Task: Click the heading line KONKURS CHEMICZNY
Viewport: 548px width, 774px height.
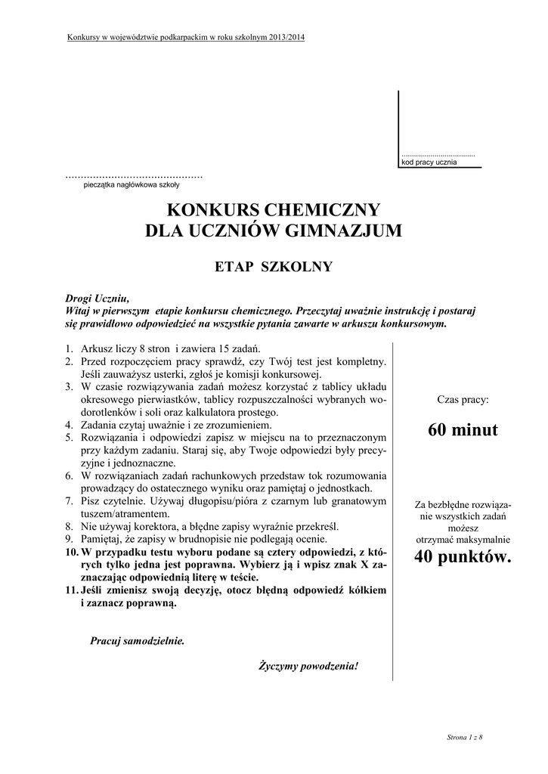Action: pyautogui.click(x=274, y=209)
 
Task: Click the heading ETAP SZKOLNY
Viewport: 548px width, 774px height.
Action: pyautogui.click(x=274, y=266)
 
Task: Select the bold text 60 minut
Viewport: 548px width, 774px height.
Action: pyautogui.click(x=463, y=430)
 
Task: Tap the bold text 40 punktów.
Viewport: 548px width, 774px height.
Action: pyautogui.click(x=463, y=558)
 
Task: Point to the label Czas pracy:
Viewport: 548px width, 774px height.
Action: pyautogui.click(x=463, y=398)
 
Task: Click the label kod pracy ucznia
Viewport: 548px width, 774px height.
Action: pyautogui.click(x=429, y=163)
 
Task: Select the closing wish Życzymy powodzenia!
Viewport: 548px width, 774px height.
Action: pyautogui.click(x=308, y=666)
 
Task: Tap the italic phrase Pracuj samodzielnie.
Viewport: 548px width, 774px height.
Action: pyautogui.click(x=137, y=641)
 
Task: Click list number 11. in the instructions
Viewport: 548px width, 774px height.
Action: pyautogui.click(x=71, y=590)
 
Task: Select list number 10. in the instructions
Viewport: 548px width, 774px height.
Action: pyautogui.click(x=71, y=553)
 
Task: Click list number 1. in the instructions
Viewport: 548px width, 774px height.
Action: pyautogui.click(x=69, y=348)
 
